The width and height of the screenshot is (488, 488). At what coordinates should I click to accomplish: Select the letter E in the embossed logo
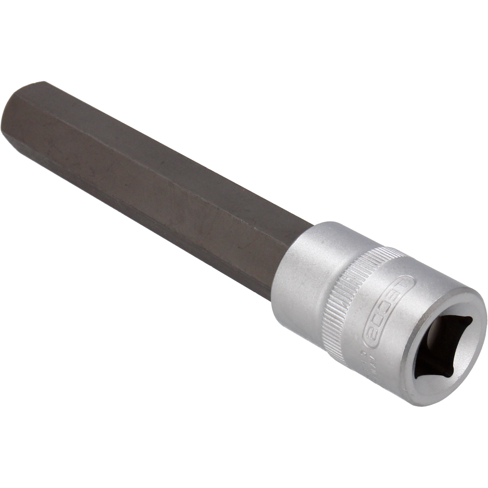[396, 293]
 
